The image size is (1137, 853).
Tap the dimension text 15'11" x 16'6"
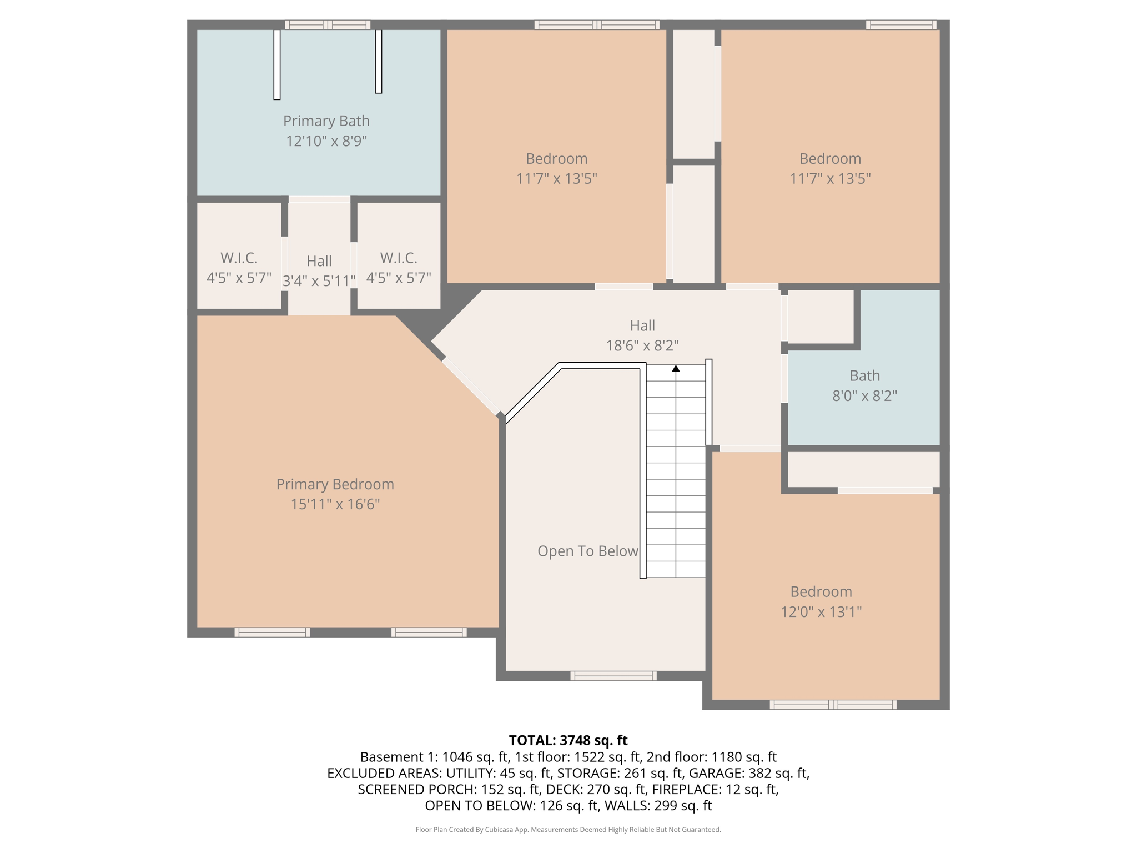pyautogui.click(x=335, y=504)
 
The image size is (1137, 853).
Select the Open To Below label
pyautogui.click(x=587, y=551)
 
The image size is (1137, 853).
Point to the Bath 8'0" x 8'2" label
pyautogui.click(x=864, y=385)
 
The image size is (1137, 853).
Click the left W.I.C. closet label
pyautogui.click(x=239, y=268)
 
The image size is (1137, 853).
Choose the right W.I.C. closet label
pyautogui.click(x=398, y=268)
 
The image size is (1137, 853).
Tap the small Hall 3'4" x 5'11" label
pyautogui.click(x=319, y=271)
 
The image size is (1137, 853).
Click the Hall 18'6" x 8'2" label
pyautogui.click(x=642, y=335)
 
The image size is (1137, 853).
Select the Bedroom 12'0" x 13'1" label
pyautogui.click(x=821, y=601)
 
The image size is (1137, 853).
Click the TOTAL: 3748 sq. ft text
pyautogui.click(x=568, y=740)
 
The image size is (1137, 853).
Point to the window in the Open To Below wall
pyautogui.click(x=613, y=676)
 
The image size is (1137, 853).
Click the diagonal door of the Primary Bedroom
pyautogui.click(x=470, y=387)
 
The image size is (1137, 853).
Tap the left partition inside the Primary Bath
pyautogui.click(x=277, y=64)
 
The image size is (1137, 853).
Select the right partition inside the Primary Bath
pyautogui.click(x=379, y=61)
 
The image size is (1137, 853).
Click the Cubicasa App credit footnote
pyautogui.click(x=568, y=830)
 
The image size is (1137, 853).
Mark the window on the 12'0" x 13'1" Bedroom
pyautogui.click(x=832, y=705)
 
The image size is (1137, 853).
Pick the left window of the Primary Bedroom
pyautogui.click(x=272, y=632)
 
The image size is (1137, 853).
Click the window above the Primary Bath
pyautogui.click(x=328, y=24)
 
